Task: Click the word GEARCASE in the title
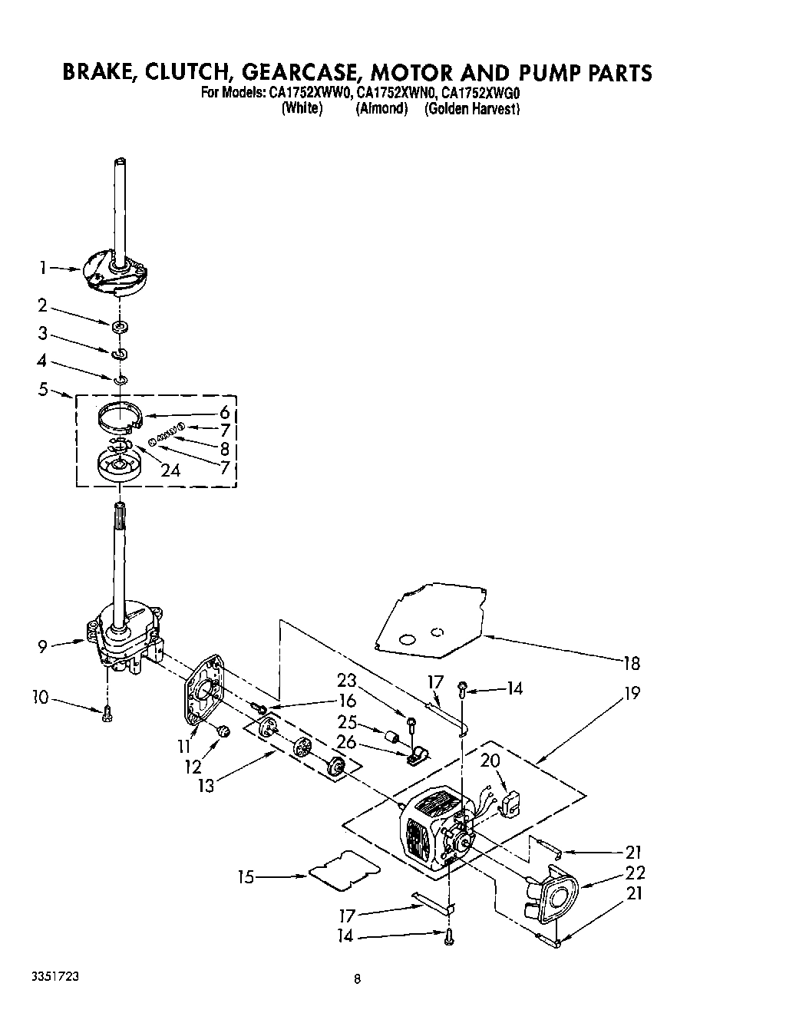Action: point(301,73)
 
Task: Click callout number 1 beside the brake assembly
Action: point(44,268)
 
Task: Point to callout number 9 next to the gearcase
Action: point(44,646)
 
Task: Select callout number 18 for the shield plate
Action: point(630,662)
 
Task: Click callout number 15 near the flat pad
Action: point(246,876)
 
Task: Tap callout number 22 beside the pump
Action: point(635,873)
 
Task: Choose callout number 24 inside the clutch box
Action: point(170,470)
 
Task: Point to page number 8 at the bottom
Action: point(358,978)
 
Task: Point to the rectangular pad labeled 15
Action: point(345,869)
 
